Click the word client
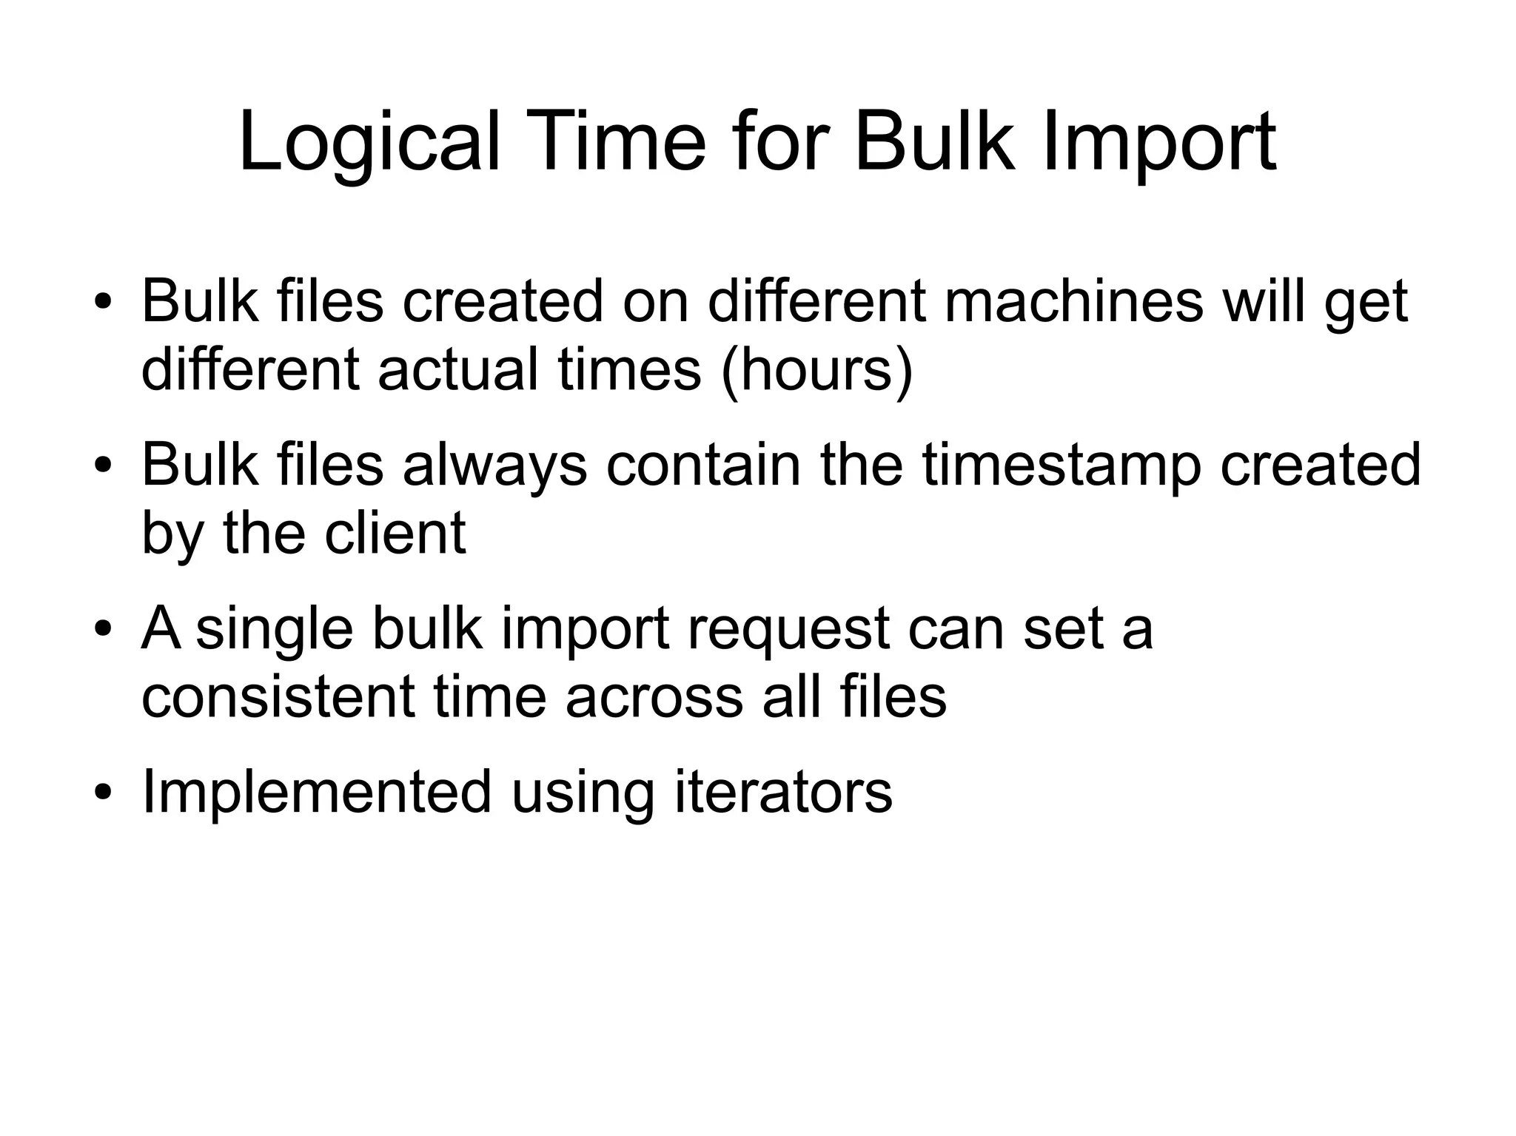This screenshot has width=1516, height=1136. [395, 532]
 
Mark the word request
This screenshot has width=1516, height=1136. [788, 628]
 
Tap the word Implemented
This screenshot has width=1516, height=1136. [316, 791]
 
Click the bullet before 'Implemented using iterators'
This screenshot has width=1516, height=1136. [103, 793]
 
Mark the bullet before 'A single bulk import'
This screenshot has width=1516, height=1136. [103, 630]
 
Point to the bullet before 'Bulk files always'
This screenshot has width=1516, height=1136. [103, 466]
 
